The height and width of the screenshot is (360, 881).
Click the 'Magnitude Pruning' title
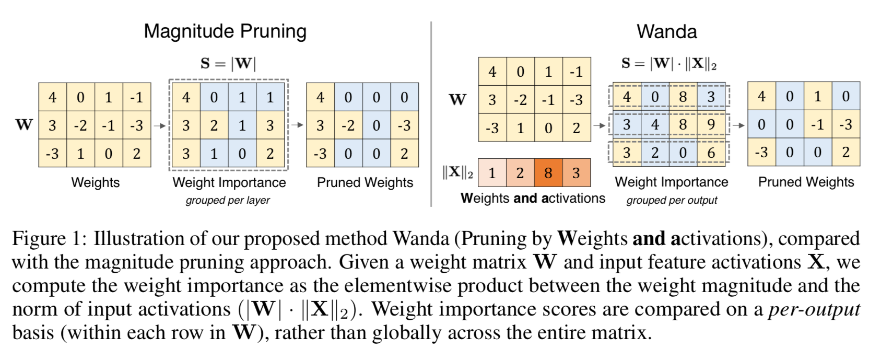point(225,31)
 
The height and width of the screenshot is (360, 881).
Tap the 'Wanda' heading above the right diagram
point(666,32)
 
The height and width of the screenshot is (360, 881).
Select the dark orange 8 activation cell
point(548,173)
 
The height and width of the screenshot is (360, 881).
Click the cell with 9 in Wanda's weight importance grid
point(711,125)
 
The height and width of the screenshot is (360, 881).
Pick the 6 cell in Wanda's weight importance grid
point(711,153)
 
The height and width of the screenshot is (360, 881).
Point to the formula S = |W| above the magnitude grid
point(228,64)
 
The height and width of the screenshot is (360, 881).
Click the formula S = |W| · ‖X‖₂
point(668,64)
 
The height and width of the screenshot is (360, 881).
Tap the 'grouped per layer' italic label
point(228,200)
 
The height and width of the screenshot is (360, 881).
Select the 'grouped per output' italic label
point(672,200)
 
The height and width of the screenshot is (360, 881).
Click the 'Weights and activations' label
point(533,199)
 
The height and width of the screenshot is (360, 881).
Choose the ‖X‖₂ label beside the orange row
point(457,172)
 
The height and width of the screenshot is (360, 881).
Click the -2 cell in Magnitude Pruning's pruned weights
point(348,125)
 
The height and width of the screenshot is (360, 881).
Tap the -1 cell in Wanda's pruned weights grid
point(817,124)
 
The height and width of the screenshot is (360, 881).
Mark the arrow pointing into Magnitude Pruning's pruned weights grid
point(297,125)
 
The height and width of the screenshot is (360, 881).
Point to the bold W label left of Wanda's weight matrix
point(457,99)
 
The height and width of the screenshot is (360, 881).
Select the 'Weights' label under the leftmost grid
point(96,182)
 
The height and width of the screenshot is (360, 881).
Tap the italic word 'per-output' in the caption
point(814,309)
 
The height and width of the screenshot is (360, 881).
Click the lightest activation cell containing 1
point(492,173)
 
